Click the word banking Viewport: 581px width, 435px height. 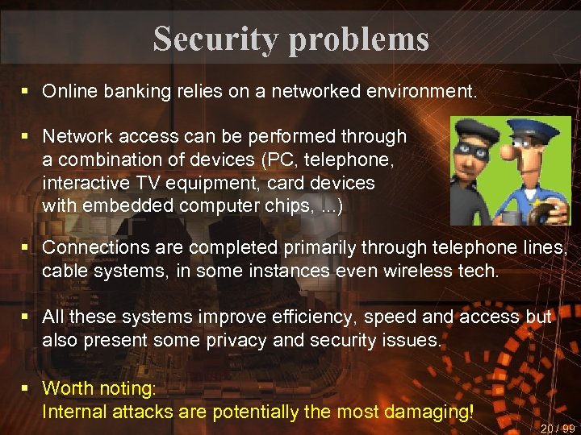(132, 92)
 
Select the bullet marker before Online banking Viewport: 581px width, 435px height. (27, 92)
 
